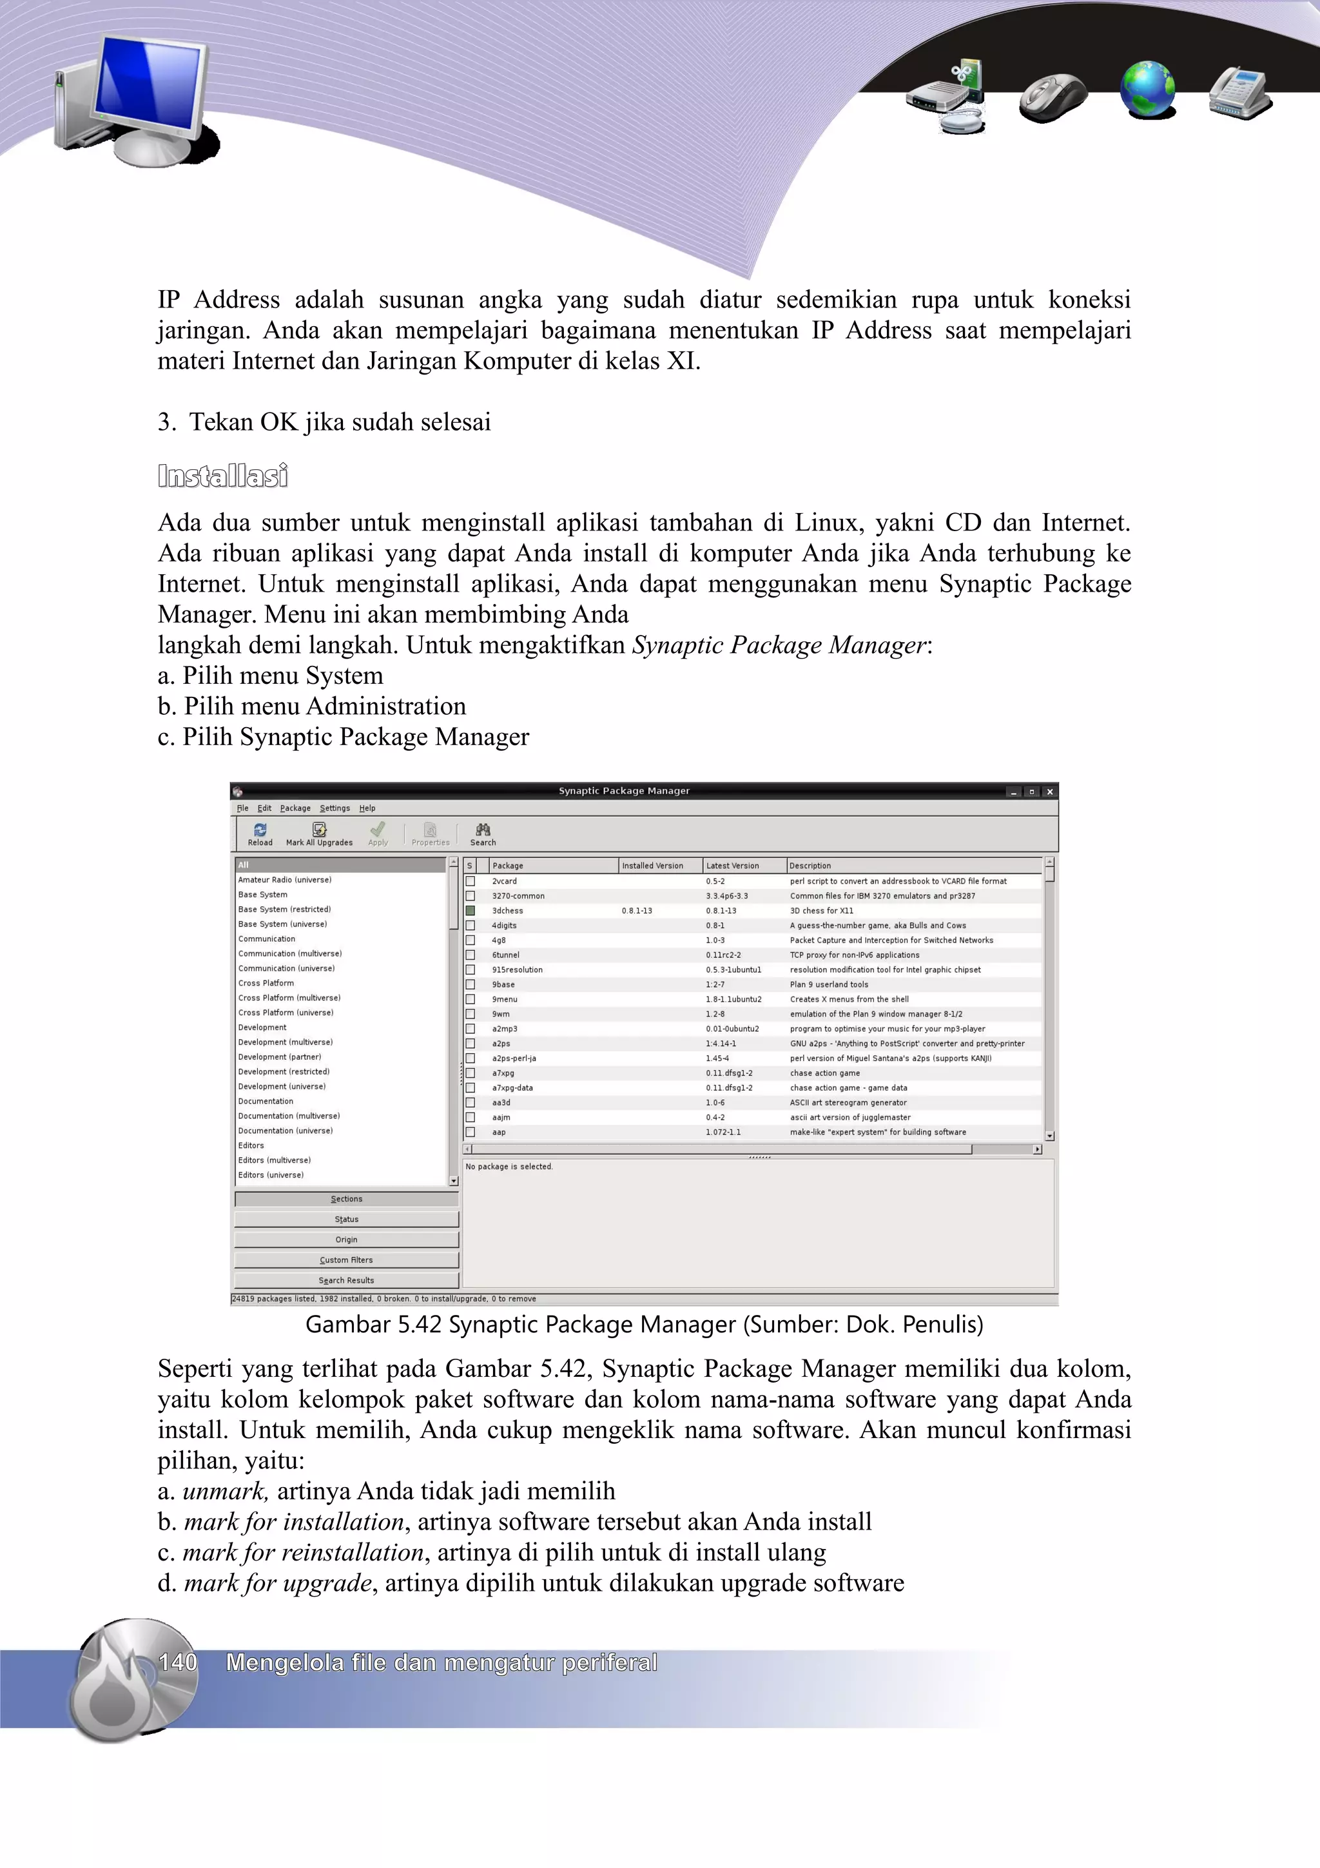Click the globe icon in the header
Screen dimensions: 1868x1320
click(1147, 90)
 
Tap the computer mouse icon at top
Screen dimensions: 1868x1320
click(1053, 97)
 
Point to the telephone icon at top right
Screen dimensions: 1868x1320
click(1239, 93)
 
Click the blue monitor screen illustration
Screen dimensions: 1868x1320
click(149, 87)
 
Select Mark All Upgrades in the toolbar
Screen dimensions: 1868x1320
click(319, 834)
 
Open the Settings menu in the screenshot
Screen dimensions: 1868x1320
click(335, 808)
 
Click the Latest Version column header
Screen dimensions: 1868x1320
click(732, 866)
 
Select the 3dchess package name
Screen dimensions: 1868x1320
click(507, 910)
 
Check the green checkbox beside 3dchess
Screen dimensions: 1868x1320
click(470, 910)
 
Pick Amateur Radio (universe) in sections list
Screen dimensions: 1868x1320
click(285, 879)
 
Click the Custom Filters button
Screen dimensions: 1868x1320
click(347, 1260)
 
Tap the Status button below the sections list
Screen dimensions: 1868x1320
click(347, 1219)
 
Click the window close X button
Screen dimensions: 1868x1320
click(1049, 792)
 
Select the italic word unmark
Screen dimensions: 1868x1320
click(224, 1492)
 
